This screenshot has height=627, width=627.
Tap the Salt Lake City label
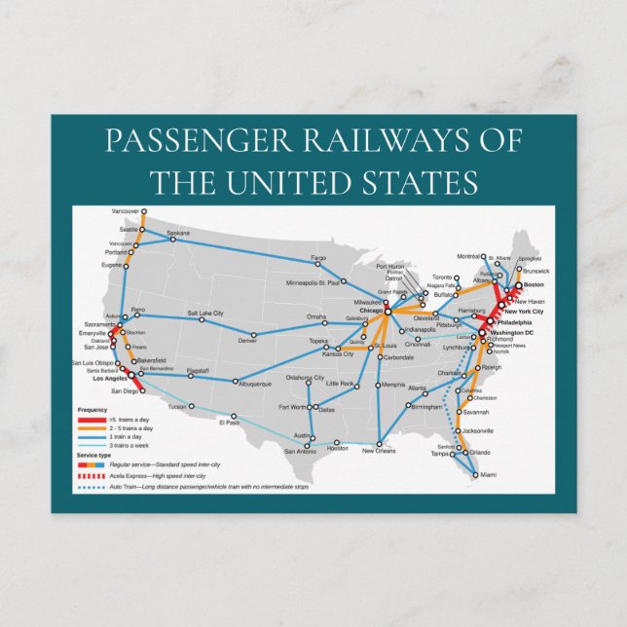tap(205, 313)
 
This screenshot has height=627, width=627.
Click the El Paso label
tap(229, 423)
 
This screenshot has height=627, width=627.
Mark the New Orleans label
tap(380, 451)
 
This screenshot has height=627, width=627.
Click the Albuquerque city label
tap(258, 383)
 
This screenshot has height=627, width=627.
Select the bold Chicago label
tap(370, 311)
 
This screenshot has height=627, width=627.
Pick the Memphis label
tap(393, 385)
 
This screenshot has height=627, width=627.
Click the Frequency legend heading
tap(92, 410)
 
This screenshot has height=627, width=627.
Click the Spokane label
tap(178, 234)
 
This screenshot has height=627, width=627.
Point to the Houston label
tap(337, 448)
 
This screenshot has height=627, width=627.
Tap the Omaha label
tap(316, 317)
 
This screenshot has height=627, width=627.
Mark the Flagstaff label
tap(198, 371)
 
